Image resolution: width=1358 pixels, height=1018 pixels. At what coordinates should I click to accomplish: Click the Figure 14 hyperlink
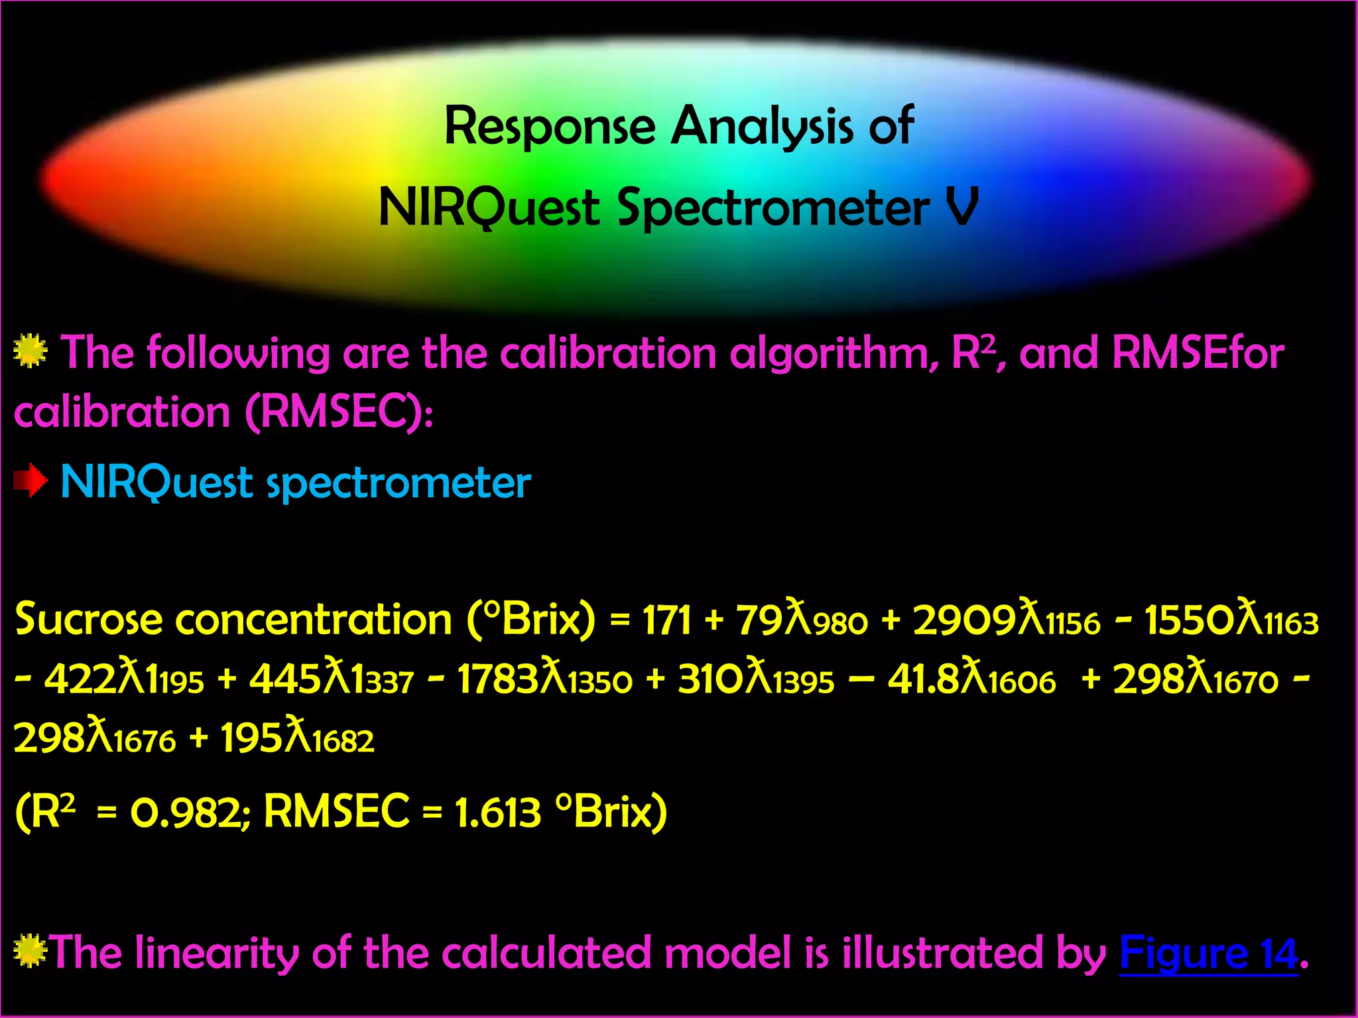1208,953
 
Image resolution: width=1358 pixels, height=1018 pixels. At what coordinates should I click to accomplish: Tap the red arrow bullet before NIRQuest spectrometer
31,481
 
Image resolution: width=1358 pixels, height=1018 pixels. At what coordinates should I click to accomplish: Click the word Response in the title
550,126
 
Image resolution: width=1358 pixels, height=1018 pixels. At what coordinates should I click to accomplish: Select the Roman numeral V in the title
962,207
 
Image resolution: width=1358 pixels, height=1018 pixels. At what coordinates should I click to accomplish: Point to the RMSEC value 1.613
498,812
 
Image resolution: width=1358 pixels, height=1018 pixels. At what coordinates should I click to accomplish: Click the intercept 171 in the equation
667,621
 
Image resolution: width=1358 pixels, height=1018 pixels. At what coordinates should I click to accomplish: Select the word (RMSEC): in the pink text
339,412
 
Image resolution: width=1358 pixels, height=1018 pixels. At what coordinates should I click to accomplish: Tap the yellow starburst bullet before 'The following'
31,351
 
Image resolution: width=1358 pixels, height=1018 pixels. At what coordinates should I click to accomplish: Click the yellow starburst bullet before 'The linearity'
29,952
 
